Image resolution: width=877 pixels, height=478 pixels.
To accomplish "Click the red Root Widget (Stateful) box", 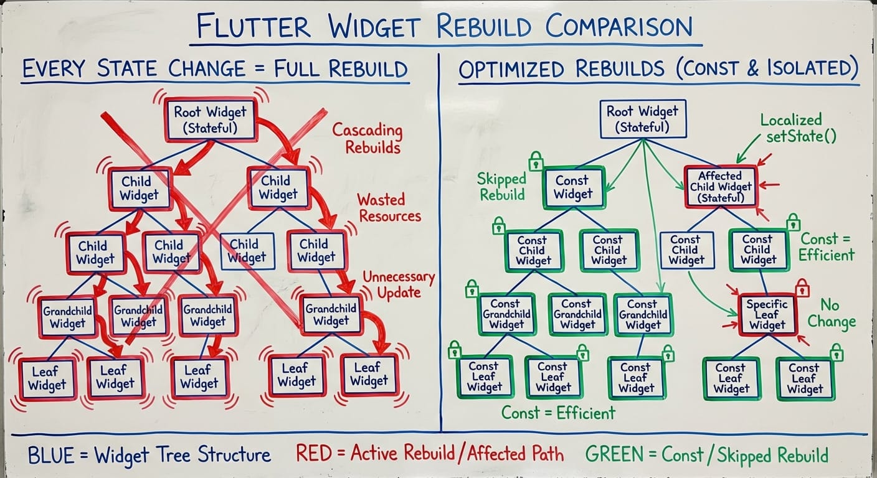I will (210, 120).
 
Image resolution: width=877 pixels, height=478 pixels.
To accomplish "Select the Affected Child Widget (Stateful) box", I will (721, 187).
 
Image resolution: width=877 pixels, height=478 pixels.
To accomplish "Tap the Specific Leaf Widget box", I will (767, 314).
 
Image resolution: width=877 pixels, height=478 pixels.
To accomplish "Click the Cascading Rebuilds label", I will (367, 139).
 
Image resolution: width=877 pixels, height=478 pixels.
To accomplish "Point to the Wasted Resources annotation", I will (389, 208).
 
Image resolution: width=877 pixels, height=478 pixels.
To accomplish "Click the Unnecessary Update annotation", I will (399, 284).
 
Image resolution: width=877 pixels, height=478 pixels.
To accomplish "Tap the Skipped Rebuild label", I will (501, 187).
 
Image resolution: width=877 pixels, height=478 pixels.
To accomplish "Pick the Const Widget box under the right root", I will (573, 187).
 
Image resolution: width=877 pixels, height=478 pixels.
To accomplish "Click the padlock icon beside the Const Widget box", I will (535, 162).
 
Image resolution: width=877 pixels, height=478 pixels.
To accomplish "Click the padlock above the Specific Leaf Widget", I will (802, 287).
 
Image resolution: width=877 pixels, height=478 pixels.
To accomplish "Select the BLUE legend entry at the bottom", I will (149, 454).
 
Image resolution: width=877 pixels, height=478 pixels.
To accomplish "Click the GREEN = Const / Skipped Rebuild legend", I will (706, 454).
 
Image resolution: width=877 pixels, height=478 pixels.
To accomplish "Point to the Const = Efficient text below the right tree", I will (558, 412).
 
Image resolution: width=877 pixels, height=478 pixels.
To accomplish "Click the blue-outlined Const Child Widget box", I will (686, 250).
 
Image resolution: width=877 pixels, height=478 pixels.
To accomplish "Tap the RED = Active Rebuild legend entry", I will (430, 454).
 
